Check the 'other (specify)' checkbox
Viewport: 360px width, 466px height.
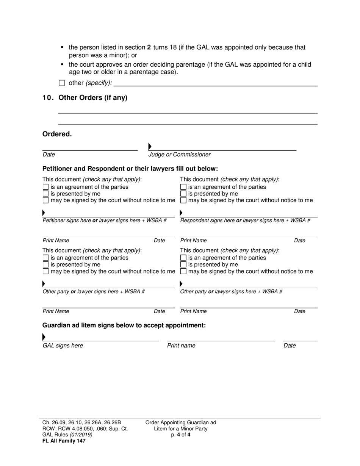[62, 83]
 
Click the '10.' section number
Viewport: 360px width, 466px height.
[48, 98]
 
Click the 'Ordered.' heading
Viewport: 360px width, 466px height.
[57, 134]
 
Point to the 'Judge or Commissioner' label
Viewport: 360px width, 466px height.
[179, 155]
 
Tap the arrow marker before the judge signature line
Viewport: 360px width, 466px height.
[150, 147]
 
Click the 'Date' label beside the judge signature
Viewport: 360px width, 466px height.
[49, 155]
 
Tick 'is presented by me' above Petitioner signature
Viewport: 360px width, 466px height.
[46, 194]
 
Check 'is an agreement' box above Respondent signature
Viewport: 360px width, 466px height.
[183, 187]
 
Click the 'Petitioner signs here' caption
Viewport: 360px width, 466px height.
[67, 220]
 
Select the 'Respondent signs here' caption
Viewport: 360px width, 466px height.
[207, 220]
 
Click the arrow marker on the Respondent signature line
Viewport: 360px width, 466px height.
[181, 213]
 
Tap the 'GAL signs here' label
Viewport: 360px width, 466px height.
[63, 346]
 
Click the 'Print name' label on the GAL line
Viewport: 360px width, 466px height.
[181, 346]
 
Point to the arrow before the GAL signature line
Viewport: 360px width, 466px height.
[44, 337]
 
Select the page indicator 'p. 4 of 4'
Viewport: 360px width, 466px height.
[181, 435]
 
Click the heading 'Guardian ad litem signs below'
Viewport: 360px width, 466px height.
[124, 325]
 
